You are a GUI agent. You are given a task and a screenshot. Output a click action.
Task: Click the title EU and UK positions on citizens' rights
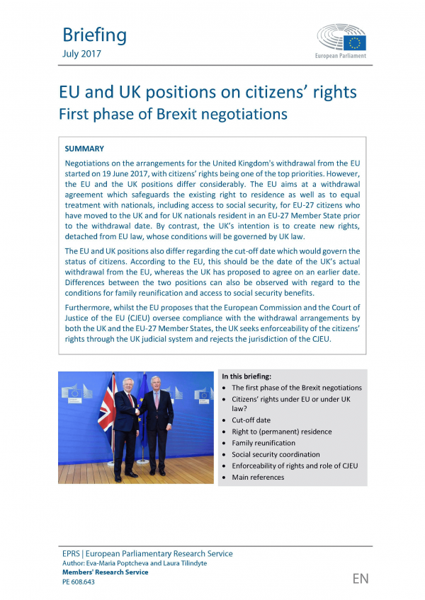click(x=207, y=93)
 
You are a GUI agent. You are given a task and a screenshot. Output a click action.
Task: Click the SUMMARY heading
click(x=84, y=149)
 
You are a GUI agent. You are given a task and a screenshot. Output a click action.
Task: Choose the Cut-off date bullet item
click(x=251, y=420)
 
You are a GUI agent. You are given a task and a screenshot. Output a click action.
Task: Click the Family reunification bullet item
click(x=263, y=443)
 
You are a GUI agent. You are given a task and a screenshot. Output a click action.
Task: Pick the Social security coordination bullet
click(x=276, y=454)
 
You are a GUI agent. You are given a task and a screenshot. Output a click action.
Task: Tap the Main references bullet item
click(x=258, y=478)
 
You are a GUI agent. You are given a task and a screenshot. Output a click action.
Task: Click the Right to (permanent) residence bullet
click(x=281, y=432)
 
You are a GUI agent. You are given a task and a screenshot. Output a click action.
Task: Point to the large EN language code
click(x=361, y=579)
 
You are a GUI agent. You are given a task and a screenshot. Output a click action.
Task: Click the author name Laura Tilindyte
click(x=178, y=563)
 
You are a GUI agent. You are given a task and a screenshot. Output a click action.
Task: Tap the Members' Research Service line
click(x=106, y=572)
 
